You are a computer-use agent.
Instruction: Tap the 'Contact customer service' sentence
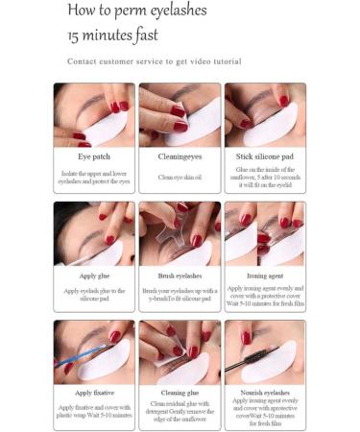click(154, 61)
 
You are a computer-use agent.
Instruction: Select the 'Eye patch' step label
click(93, 154)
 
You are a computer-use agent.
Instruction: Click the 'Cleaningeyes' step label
click(180, 154)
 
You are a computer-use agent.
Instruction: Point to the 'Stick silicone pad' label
click(265, 154)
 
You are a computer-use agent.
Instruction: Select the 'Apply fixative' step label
click(93, 392)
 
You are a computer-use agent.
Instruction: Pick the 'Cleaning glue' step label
click(180, 392)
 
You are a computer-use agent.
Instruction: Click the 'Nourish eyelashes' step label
click(265, 392)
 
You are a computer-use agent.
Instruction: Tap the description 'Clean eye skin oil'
click(180, 178)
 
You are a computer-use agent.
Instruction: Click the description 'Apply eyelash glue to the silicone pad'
click(93, 294)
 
